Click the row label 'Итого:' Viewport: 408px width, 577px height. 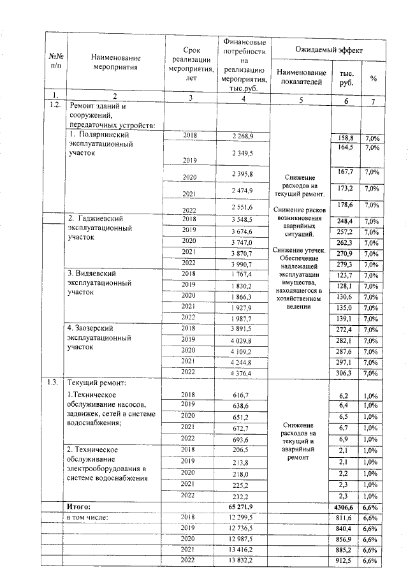coord(80,506)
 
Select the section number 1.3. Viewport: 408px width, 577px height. coord(54,383)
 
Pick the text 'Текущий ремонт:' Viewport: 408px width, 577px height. coord(98,383)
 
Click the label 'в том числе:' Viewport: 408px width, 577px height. coord(89,517)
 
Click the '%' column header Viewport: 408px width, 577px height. coord(373,78)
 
